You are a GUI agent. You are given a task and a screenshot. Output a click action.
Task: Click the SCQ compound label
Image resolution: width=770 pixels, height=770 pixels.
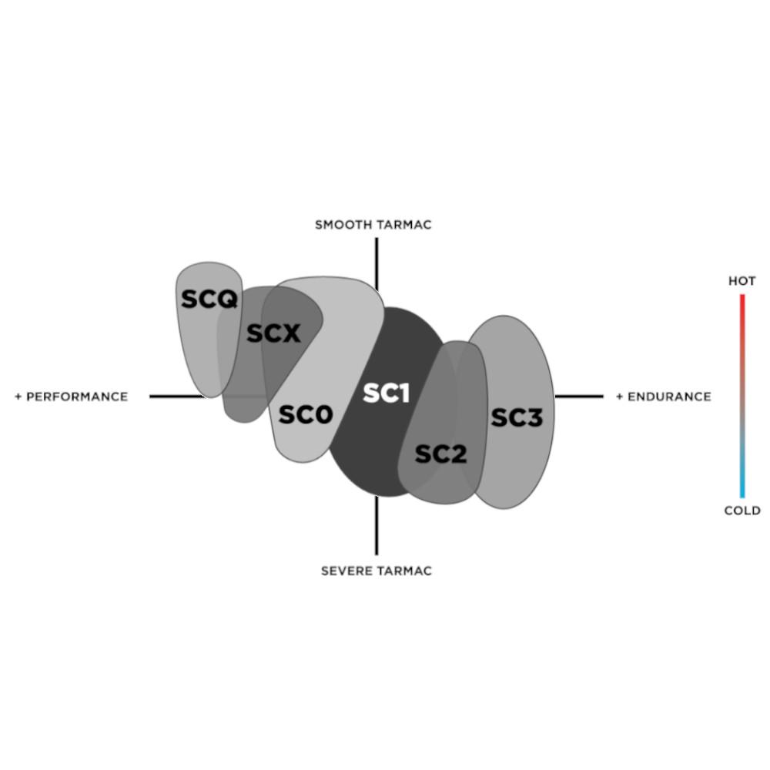pos(209,299)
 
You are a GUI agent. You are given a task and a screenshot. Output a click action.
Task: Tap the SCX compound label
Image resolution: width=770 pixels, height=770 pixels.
pos(273,333)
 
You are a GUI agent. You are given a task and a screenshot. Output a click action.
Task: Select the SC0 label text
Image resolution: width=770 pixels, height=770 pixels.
pos(306,414)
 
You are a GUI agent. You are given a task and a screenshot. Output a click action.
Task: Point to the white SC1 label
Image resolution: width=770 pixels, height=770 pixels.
pos(386,393)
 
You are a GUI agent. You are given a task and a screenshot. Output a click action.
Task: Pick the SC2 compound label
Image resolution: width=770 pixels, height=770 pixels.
pos(440,454)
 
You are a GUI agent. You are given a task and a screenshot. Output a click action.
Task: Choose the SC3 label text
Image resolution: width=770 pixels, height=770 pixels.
pos(517,417)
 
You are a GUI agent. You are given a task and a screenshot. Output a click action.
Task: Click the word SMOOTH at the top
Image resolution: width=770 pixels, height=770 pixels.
pos(343,225)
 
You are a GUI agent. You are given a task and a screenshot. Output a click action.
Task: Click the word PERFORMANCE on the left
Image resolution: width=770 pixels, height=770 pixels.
pos(77,397)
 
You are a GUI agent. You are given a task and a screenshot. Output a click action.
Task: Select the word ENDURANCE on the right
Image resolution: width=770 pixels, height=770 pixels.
pos(669,397)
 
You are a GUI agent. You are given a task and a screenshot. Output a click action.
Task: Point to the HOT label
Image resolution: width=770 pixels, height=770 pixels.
pos(742,281)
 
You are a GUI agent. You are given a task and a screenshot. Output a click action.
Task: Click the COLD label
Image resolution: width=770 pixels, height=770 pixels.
pos(742,511)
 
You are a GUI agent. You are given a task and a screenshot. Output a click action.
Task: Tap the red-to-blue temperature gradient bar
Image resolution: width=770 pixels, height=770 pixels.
pos(742,396)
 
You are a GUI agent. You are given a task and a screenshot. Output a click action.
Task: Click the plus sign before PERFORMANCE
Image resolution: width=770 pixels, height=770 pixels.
pos(18,397)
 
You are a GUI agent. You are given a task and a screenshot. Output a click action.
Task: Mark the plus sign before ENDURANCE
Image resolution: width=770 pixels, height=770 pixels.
pos(620,397)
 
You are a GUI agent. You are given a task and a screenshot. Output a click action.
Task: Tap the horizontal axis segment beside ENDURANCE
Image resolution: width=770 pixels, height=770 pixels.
pos(579,397)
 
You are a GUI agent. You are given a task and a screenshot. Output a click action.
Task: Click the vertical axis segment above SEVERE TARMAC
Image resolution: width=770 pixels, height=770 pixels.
pos(377,525)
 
